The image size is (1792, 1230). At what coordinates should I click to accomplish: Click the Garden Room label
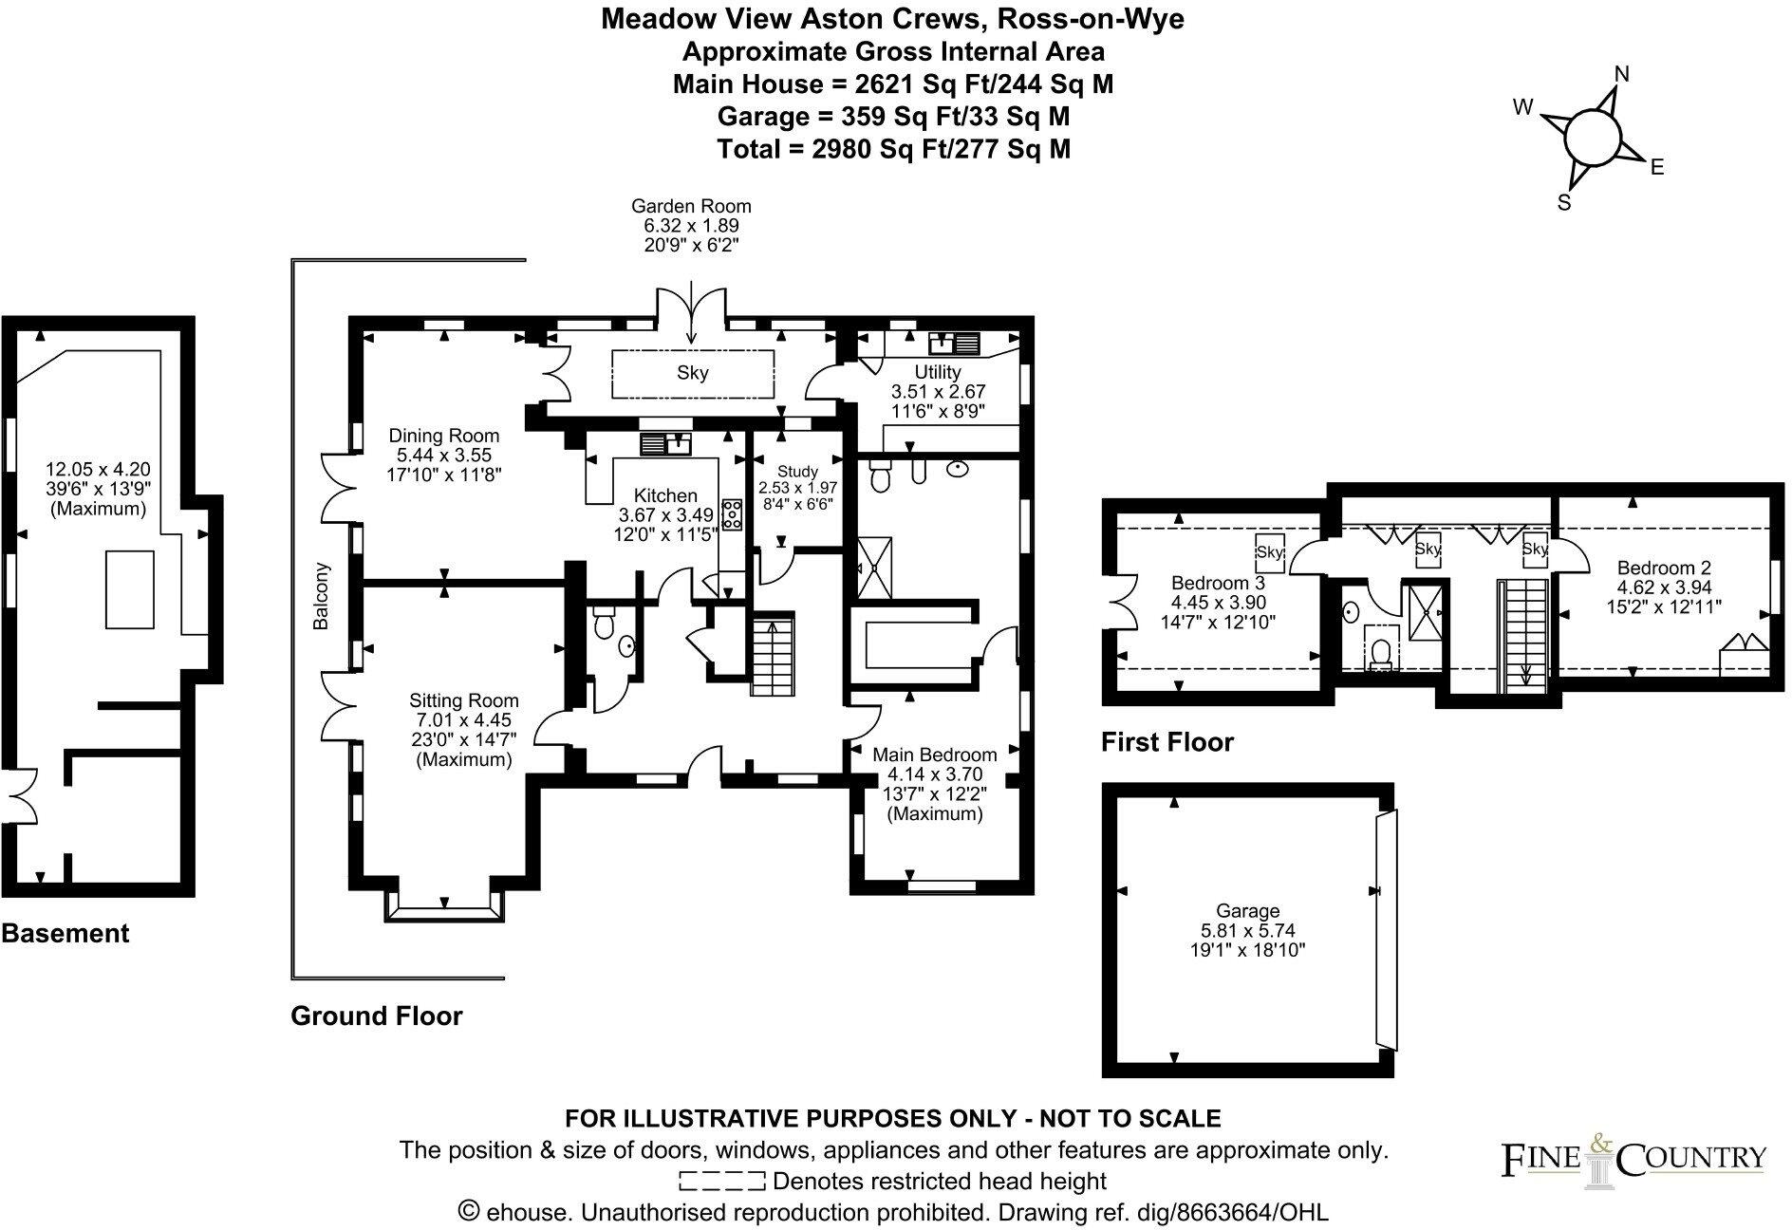[691, 206]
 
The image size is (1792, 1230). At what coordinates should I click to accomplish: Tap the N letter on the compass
[1622, 75]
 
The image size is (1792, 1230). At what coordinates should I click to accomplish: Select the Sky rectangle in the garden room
[693, 373]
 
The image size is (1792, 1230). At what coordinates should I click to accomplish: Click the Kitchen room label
[665, 495]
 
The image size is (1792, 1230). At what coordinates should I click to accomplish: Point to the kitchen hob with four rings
[734, 513]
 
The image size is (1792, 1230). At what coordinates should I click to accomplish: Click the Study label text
[797, 472]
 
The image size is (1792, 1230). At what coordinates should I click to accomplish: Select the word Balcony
[322, 597]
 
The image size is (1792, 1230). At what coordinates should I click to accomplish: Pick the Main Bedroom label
[935, 755]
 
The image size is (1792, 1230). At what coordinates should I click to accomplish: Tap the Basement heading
[65, 933]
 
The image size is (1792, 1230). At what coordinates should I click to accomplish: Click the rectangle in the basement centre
[130, 589]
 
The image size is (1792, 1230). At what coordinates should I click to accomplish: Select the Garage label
[1248, 911]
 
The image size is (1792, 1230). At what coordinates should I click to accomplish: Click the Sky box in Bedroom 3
[1269, 552]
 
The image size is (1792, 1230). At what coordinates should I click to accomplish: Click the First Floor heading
[1167, 741]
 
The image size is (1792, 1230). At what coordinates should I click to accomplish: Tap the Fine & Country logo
[1633, 1159]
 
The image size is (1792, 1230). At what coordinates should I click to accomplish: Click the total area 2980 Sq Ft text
[893, 149]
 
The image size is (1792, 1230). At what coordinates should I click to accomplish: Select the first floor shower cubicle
[1424, 614]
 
